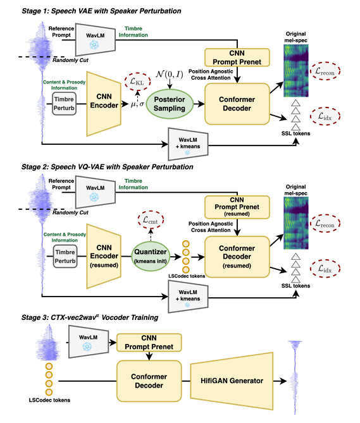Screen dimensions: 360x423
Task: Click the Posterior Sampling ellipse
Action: point(170,104)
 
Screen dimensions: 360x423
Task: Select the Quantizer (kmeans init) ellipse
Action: point(151,256)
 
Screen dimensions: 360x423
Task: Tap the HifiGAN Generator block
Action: point(232,381)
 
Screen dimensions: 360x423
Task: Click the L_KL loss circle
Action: point(137,81)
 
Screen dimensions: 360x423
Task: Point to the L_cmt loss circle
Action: point(151,220)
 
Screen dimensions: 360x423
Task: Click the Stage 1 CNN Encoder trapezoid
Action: point(104,104)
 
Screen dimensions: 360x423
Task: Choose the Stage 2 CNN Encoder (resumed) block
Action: point(104,256)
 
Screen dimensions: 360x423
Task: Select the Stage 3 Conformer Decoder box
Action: point(149,381)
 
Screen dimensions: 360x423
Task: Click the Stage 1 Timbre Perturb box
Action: point(64,104)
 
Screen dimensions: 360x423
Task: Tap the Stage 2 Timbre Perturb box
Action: point(65,256)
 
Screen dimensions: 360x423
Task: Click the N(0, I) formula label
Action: point(170,74)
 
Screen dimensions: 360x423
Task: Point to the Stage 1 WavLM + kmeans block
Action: point(188,144)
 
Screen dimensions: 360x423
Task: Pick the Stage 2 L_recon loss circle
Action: point(325,223)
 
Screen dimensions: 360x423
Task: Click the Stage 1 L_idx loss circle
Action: point(325,116)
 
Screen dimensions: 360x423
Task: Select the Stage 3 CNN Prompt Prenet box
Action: point(149,343)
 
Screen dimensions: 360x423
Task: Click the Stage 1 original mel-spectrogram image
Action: point(295,71)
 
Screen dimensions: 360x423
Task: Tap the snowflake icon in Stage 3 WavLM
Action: point(87,346)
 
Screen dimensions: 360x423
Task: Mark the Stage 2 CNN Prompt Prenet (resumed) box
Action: point(237,207)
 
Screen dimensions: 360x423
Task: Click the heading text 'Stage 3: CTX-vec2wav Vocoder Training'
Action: point(90,317)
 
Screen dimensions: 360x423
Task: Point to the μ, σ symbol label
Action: point(137,104)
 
